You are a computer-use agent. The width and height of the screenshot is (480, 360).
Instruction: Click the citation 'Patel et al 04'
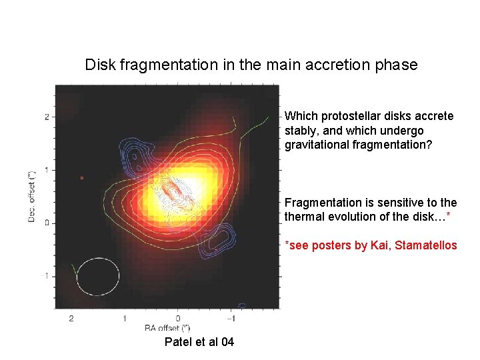tap(199, 342)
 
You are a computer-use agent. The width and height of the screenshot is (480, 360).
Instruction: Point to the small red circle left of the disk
tap(81, 178)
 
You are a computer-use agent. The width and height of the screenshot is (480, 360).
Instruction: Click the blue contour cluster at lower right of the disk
tap(217, 240)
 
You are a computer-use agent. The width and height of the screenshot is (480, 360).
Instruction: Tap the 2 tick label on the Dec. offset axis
tap(47, 117)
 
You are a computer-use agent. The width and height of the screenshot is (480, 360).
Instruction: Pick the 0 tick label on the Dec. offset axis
tap(47, 223)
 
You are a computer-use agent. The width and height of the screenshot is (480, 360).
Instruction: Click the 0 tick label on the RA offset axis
tap(178, 319)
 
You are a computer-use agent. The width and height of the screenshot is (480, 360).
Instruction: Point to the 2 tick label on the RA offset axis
tap(71, 319)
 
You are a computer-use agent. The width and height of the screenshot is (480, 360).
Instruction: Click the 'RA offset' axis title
tap(167, 328)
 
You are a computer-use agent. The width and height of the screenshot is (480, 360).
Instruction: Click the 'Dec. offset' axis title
tap(31, 197)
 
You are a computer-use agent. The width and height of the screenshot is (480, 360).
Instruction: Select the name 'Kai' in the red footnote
tap(378, 245)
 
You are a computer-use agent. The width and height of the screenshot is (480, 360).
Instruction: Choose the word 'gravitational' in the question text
tap(317, 144)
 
